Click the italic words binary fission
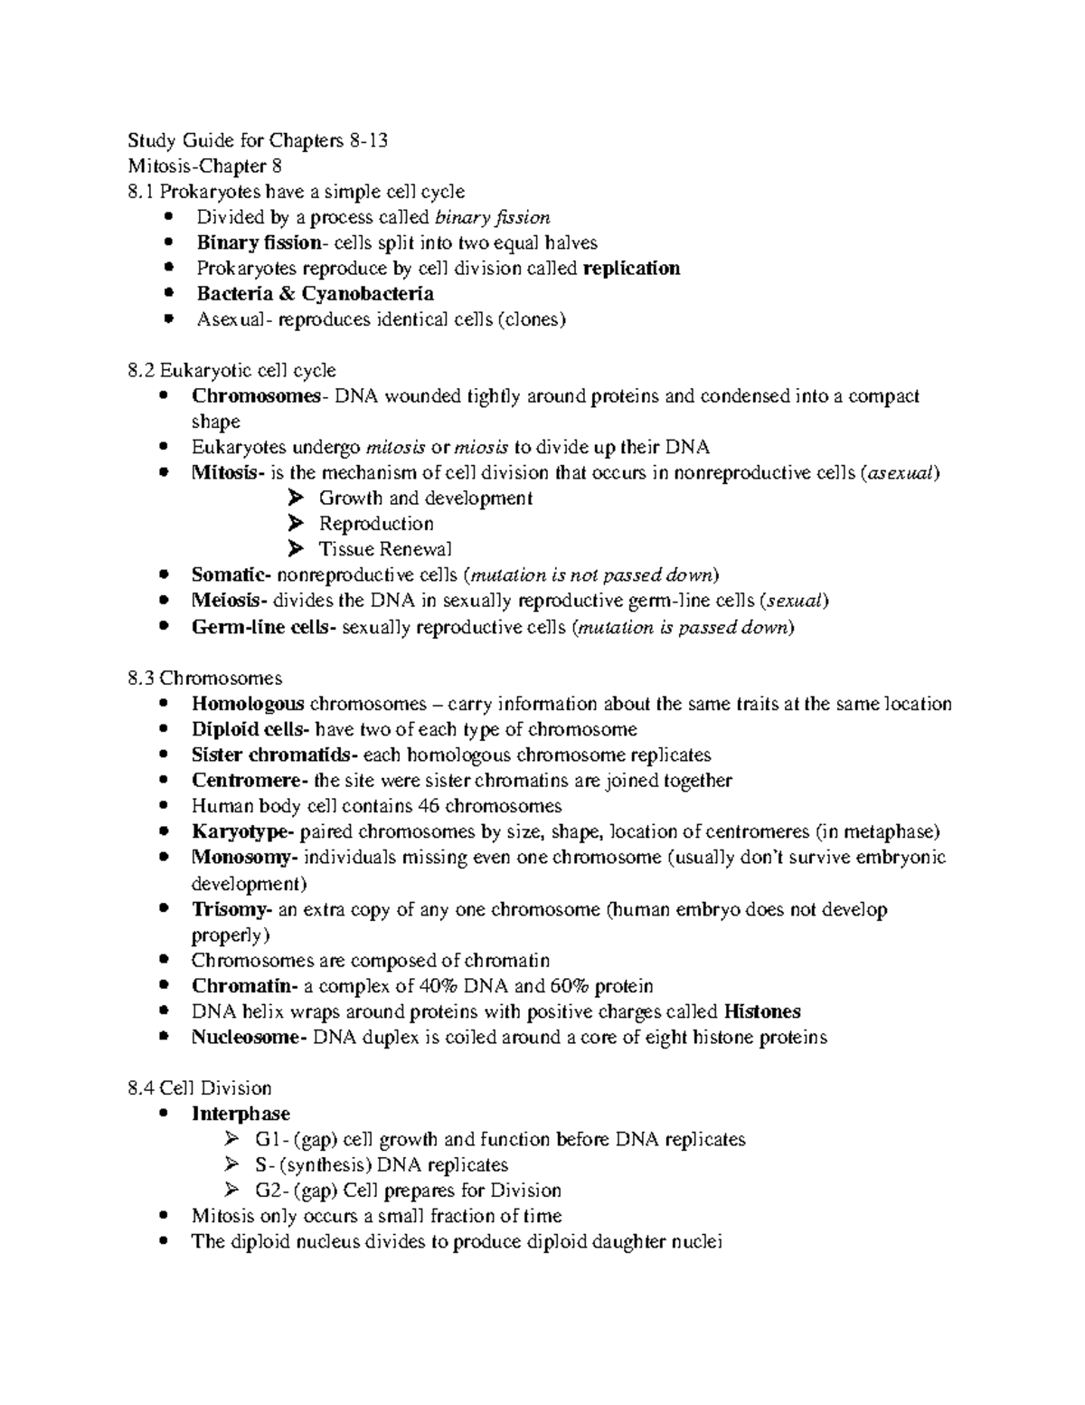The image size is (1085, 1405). (492, 217)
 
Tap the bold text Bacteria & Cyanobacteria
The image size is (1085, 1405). (315, 294)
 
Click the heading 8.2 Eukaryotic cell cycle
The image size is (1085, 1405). (232, 371)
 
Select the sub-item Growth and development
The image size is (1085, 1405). (425, 498)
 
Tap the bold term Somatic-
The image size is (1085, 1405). (231, 575)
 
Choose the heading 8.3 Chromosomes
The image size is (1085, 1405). (205, 679)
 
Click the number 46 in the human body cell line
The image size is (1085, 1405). (429, 806)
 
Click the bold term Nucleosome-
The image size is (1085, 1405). (250, 1038)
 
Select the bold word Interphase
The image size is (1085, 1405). (241, 1114)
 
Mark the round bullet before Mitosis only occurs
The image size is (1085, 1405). (163, 1216)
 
